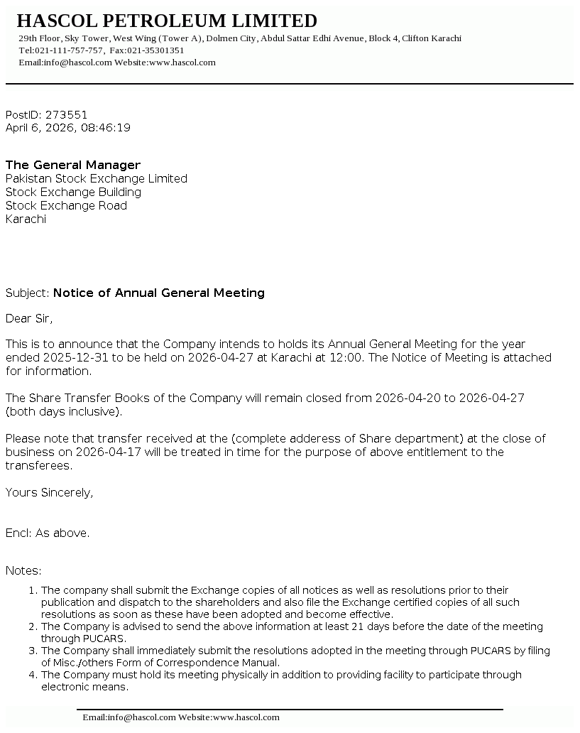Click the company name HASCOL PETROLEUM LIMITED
pyautogui.click(x=167, y=21)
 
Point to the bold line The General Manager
pyautogui.click(x=73, y=165)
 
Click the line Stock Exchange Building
pyautogui.click(x=73, y=192)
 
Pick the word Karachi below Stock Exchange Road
pyautogui.click(x=26, y=219)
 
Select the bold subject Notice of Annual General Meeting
pyautogui.click(x=159, y=293)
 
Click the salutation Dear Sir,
pyautogui.click(x=29, y=318)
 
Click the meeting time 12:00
pyautogui.click(x=346, y=357)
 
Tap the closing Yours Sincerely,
pyautogui.click(x=49, y=492)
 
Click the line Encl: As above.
pyautogui.click(x=48, y=533)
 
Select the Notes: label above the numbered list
pyautogui.click(x=23, y=570)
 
